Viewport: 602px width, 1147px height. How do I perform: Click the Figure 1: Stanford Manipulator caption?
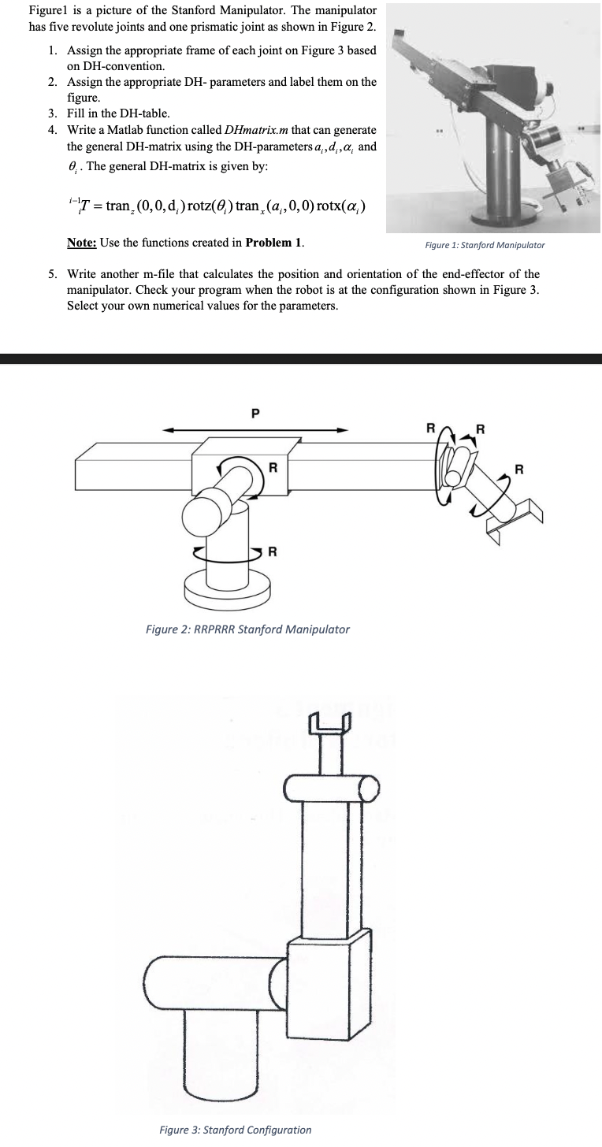tap(485, 245)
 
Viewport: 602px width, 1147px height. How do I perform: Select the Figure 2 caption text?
tap(247, 629)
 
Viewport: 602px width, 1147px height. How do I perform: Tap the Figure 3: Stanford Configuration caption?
tap(235, 1130)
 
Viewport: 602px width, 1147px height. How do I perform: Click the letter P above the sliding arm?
tap(254, 412)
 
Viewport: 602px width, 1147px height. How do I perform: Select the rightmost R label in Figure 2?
tap(518, 470)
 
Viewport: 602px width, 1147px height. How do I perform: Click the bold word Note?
tap(82, 242)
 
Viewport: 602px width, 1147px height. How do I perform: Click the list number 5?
tap(51, 274)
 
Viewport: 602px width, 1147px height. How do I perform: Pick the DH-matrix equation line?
tap(214, 206)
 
